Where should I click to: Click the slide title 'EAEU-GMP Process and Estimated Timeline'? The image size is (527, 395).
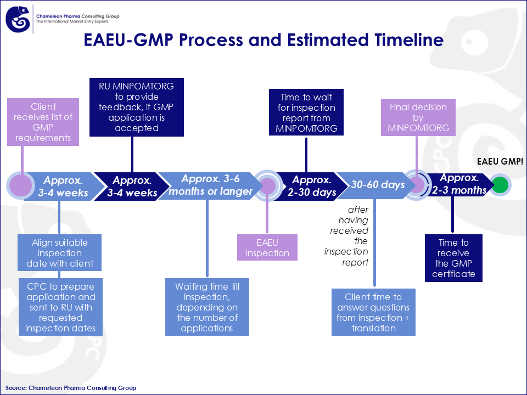click(x=263, y=40)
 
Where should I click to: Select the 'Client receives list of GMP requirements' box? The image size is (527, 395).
click(x=43, y=122)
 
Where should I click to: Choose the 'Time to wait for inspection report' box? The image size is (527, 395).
click(x=306, y=112)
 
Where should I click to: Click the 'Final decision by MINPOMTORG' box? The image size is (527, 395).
click(x=418, y=117)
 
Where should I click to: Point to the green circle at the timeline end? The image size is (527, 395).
click(x=500, y=185)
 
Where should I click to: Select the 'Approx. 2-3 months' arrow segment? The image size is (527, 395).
click(x=459, y=185)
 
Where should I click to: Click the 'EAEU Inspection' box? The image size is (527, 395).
click(x=267, y=247)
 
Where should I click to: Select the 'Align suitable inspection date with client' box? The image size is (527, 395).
click(x=60, y=253)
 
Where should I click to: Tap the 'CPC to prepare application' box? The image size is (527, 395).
click(x=60, y=307)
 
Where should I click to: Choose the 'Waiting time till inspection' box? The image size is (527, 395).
click(x=207, y=307)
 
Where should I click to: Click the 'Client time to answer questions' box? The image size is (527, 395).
click(x=373, y=312)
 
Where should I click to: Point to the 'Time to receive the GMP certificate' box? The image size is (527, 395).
click(x=453, y=258)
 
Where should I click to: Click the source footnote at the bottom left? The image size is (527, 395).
click(x=71, y=388)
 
